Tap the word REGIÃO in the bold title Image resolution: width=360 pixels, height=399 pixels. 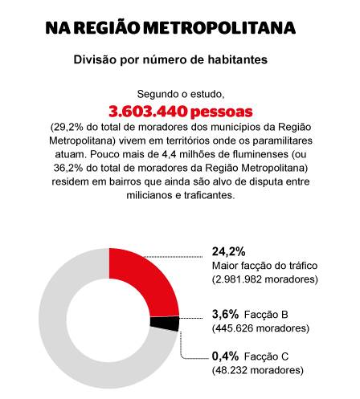[107, 27]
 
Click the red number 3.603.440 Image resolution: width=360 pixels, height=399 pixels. [148, 112]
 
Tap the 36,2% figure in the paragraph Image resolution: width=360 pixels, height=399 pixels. [68, 168]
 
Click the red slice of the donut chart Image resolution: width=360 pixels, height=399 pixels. [150, 279]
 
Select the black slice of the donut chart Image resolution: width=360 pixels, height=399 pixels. [165, 323]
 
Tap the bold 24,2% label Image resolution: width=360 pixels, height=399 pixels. [229, 251]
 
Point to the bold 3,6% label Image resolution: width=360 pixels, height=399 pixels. [225, 314]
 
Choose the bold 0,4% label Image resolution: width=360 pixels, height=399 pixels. [225, 356]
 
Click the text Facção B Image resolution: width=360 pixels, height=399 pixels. [266, 315]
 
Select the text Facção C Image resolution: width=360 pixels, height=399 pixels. [266, 356]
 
